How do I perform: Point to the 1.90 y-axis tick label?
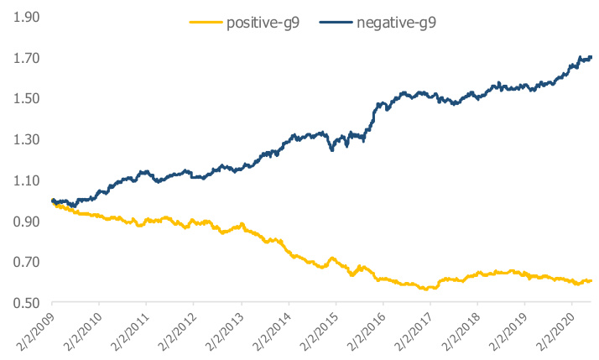23,17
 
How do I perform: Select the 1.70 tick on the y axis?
23,58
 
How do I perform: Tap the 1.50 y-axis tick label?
23,98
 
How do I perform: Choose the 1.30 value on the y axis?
23,139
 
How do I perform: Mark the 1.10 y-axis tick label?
23,180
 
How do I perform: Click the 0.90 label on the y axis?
23,221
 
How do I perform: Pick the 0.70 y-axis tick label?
23,262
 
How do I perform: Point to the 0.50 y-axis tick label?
23,302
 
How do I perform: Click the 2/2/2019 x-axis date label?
506,331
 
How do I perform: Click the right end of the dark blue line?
591,57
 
